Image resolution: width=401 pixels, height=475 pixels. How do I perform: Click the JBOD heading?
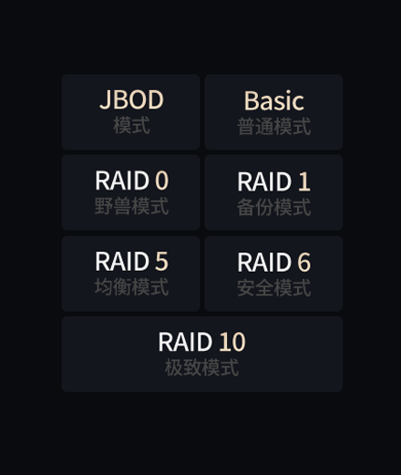[131, 99]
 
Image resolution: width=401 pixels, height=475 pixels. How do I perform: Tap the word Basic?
[274, 100]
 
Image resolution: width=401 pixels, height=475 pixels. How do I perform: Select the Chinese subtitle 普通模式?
[274, 126]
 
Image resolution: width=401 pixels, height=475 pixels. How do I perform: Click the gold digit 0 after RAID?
[162, 181]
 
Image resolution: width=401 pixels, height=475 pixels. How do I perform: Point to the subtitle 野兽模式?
[131, 206]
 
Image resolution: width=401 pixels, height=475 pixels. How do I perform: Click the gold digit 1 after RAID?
[304, 181]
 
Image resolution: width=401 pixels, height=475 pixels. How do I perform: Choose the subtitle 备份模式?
[274, 207]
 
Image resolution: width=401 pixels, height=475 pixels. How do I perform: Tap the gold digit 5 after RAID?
[162, 261]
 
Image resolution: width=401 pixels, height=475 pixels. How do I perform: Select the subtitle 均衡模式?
[131, 287]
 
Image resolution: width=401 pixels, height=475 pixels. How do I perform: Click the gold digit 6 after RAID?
[304, 263]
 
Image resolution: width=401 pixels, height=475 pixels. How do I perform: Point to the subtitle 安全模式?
[274, 288]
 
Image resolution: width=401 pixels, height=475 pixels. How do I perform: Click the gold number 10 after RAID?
[232, 342]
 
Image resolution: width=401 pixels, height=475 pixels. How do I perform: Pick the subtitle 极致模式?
[201, 367]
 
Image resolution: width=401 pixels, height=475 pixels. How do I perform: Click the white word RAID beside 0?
[122, 181]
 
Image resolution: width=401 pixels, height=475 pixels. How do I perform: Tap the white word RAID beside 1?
[264, 181]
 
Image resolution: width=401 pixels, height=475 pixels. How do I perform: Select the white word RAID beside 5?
[122, 261]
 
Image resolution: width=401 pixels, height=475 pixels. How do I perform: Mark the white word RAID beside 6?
[264, 263]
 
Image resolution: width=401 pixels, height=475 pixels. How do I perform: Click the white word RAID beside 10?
[185, 342]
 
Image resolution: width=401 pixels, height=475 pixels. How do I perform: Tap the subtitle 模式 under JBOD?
[131, 125]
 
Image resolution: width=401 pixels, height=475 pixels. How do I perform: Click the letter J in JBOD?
[105, 100]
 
